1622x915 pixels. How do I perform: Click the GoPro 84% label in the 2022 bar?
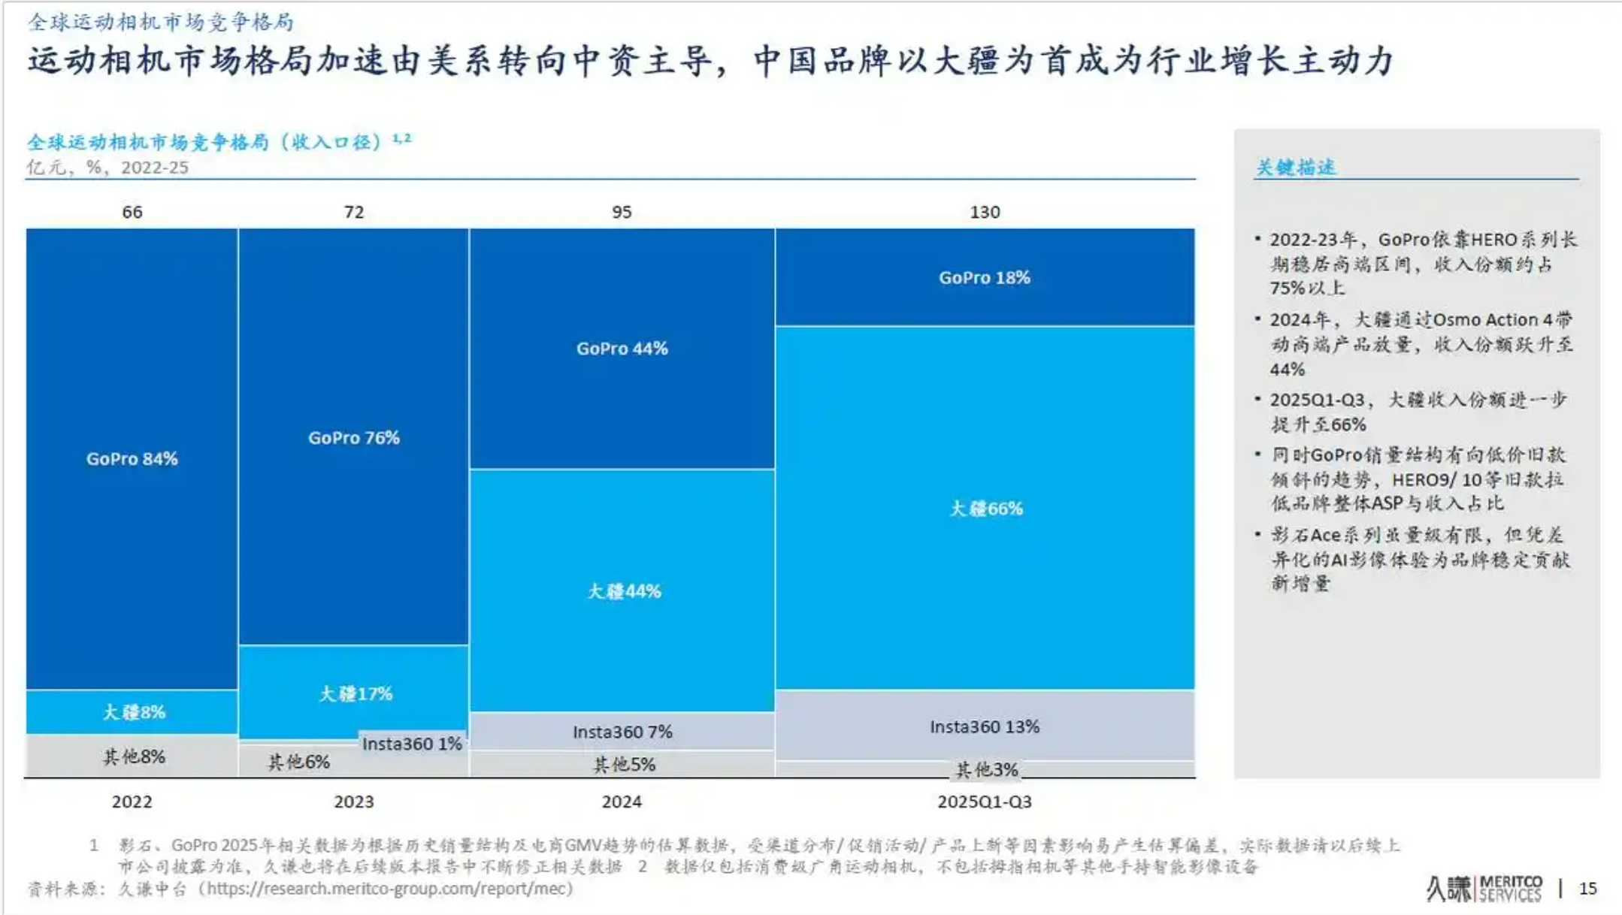click(x=132, y=459)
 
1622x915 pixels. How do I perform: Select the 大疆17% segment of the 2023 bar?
click(x=355, y=693)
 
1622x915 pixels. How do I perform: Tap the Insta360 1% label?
click(x=412, y=744)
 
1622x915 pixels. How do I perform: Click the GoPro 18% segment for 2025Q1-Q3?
click(x=984, y=277)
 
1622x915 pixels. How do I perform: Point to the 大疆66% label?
click(x=985, y=509)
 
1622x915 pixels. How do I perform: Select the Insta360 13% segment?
click(x=984, y=726)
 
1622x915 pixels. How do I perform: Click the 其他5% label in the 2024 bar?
click(x=624, y=765)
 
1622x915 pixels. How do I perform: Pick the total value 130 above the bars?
click(x=984, y=212)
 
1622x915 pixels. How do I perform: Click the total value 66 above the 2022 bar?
click(x=132, y=212)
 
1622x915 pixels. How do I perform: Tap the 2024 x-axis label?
click(x=621, y=802)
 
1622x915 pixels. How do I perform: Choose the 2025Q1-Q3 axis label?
click(x=984, y=802)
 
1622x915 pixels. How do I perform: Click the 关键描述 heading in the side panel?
click(x=1295, y=168)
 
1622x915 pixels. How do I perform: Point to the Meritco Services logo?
click(x=1484, y=889)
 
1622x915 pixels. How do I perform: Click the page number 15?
click(x=1587, y=889)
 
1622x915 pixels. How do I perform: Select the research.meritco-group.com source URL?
click(x=389, y=889)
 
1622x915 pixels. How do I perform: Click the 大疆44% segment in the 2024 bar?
click(x=623, y=591)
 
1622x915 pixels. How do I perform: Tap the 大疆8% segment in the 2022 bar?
click(x=133, y=711)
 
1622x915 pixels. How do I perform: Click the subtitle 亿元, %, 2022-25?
click(x=107, y=168)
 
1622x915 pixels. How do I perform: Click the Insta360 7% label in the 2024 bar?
click(x=622, y=732)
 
